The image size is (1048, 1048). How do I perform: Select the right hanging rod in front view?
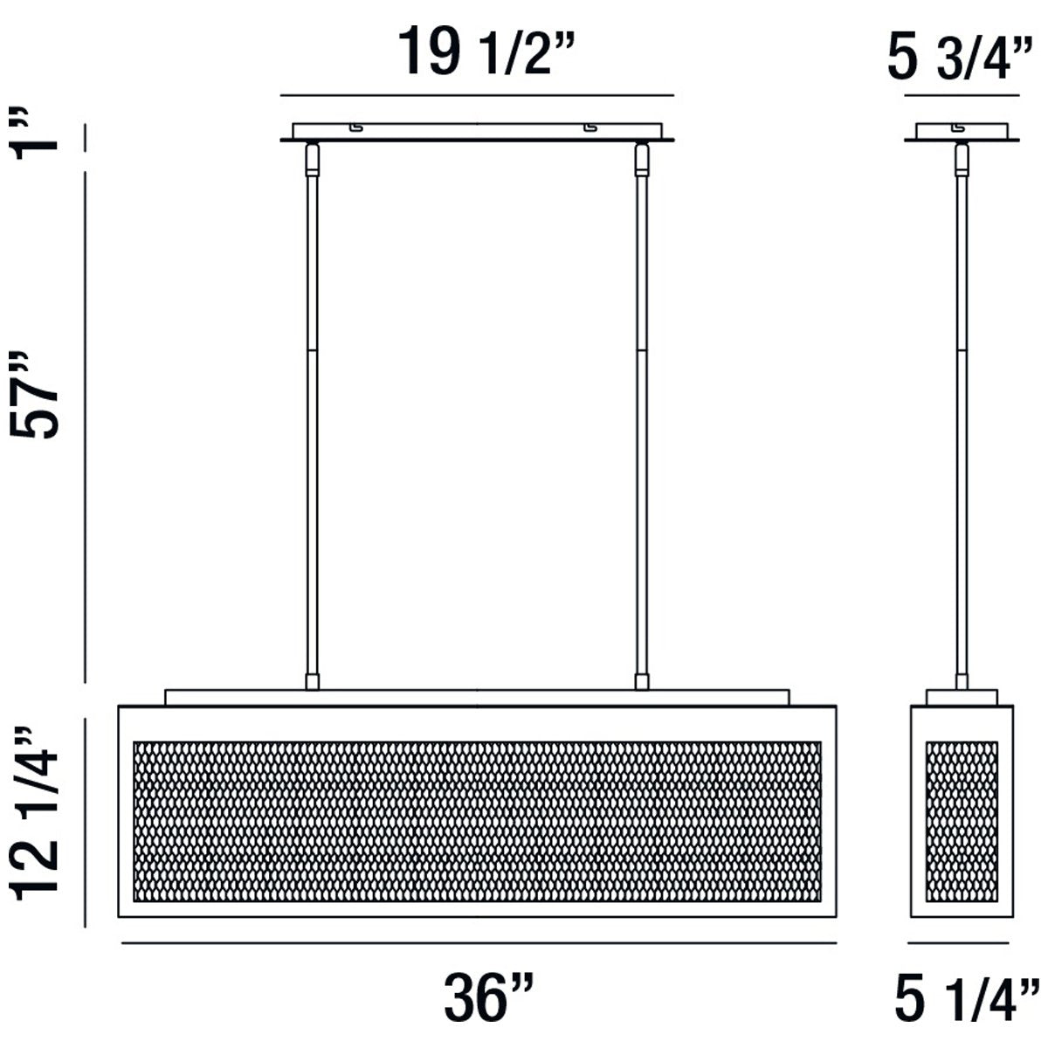[x=642, y=419]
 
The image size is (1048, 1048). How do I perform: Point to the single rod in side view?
[x=962, y=419]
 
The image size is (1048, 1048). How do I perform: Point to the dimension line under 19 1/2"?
[x=477, y=94]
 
